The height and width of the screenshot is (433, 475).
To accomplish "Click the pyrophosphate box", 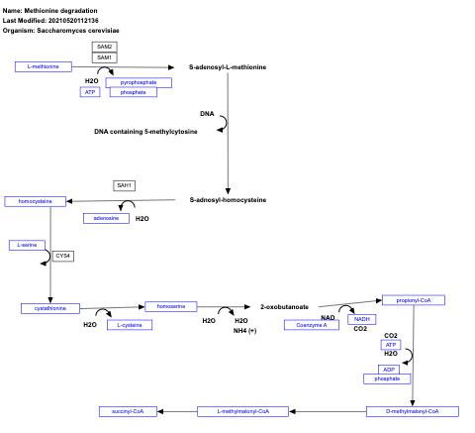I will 139,82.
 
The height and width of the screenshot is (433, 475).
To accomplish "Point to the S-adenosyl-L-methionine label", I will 228,66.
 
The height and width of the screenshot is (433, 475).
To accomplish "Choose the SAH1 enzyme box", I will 125,185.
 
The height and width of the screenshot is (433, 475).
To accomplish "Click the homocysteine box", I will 36,201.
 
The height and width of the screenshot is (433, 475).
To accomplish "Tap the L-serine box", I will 28,244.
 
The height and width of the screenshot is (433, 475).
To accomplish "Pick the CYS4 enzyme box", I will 63,256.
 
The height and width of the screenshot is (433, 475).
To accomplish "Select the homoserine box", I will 171,306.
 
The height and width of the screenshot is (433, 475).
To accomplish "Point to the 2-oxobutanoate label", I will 284,307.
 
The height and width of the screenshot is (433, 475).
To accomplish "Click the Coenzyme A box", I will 311,324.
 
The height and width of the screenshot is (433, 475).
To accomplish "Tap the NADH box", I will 362,319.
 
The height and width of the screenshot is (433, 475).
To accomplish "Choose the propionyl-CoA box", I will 413,300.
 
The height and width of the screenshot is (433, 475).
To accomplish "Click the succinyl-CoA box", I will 128,410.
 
